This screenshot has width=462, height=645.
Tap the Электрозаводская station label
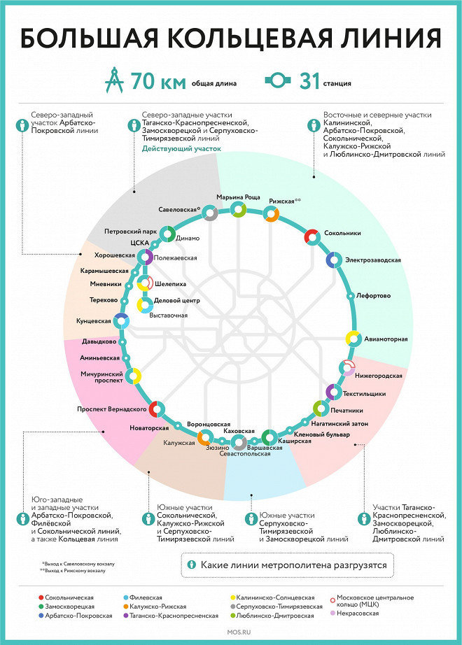pos(372,260)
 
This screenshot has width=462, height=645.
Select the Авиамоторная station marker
pos(353,339)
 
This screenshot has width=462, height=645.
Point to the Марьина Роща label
pos(238,197)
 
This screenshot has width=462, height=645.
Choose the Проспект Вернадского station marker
pos(158,409)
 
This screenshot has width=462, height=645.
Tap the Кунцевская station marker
pos(122,320)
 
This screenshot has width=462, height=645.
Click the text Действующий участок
pos(181,149)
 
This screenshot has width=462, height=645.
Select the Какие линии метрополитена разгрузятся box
pos(286,564)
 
